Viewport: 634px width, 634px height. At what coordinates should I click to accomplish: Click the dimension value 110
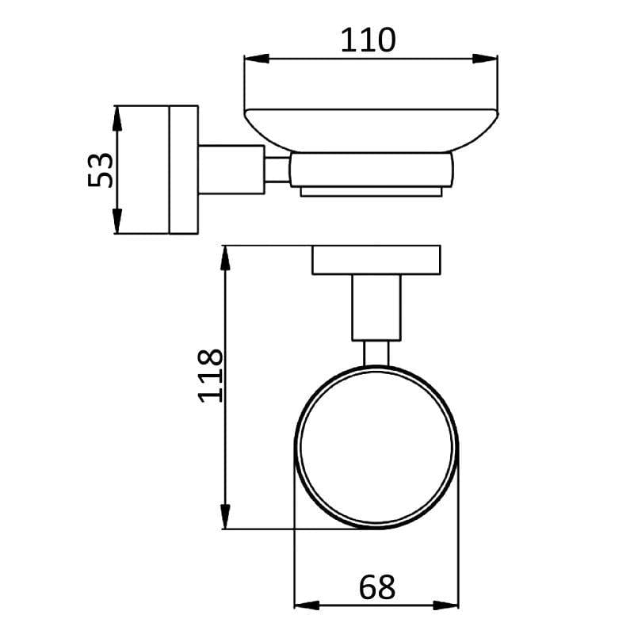[367, 39]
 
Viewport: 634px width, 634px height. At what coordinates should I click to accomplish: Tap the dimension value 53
[101, 170]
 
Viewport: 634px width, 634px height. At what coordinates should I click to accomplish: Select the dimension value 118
[211, 375]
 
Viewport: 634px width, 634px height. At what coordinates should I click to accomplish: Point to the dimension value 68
[376, 587]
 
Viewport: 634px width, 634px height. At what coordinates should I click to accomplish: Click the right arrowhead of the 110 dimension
[487, 58]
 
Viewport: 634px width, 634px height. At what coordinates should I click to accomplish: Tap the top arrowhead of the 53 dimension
[117, 116]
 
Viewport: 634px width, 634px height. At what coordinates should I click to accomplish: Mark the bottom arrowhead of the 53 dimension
[117, 222]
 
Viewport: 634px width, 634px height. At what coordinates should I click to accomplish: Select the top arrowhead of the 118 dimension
[227, 258]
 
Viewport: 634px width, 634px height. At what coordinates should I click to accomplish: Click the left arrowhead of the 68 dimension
[306, 605]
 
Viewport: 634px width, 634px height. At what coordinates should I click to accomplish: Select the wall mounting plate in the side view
[183, 170]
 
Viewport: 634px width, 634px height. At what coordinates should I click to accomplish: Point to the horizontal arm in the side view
[230, 170]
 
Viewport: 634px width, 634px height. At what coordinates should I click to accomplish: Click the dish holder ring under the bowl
[371, 170]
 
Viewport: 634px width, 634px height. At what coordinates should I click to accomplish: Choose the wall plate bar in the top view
[376, 261]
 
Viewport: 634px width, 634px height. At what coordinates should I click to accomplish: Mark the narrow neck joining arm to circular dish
[376, 353]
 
